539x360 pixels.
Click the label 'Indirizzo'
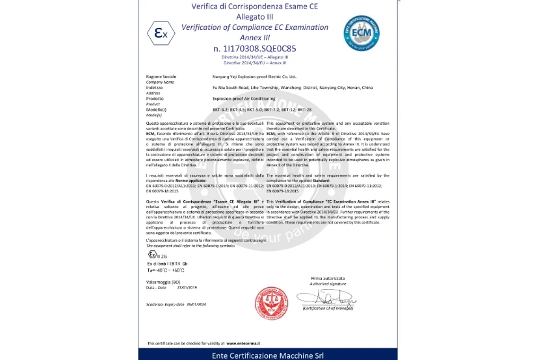[x=155, y=87]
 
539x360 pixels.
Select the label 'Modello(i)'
[x=157, y=109]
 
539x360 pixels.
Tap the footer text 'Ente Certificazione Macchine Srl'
[x=268, y=355]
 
